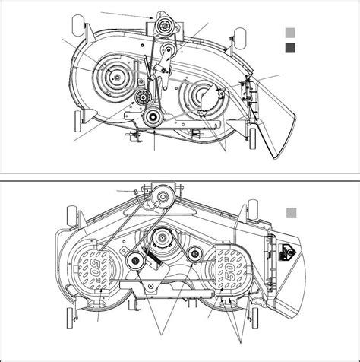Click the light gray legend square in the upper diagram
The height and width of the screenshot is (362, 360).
289,33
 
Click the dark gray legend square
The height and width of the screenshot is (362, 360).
289,49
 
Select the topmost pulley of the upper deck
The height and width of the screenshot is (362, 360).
163,27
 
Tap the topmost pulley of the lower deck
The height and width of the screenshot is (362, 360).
159,195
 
